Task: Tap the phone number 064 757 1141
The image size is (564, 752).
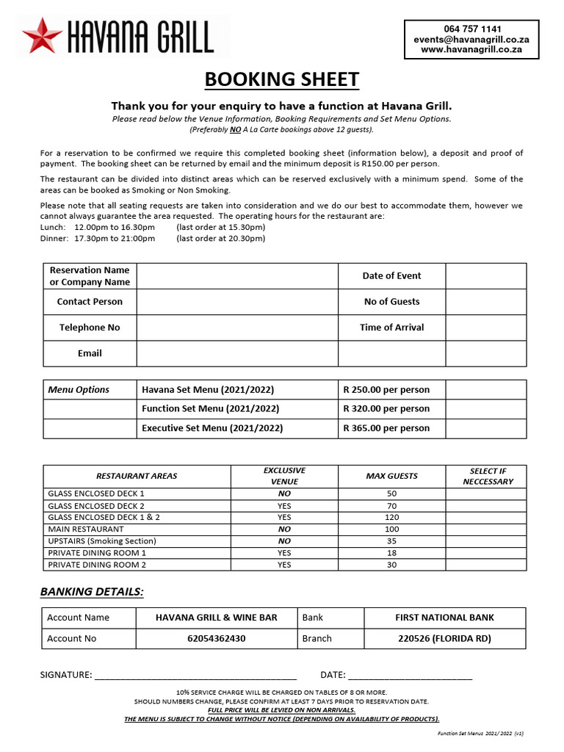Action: (x=472, y=29)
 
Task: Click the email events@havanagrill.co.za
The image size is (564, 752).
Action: (x=471, y=39)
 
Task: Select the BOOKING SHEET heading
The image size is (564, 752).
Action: (x=281, y=79)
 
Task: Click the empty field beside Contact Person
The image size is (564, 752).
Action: (x=237, y=302)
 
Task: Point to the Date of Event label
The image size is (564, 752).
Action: (x=391, y=276)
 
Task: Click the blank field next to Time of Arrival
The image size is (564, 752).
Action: (x=485, y=328)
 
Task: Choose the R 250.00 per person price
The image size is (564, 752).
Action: (x=386, y=390)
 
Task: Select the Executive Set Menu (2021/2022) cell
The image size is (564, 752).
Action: (x=212, y=428)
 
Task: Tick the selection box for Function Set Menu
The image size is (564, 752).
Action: (x=485, y=409)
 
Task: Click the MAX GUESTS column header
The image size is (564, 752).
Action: (x=391, y=476)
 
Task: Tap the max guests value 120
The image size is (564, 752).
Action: (x=391, y=517)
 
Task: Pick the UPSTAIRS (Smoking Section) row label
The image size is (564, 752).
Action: (x=102, y=541)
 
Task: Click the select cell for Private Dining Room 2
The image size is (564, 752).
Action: (x=485, y=565)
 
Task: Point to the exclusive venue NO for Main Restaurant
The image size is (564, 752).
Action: (x=284, y=529)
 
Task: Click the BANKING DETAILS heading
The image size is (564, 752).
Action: (x=92, y=592)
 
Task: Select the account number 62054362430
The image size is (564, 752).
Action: (x=217, y=639)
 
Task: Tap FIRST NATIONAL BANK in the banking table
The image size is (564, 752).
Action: (x=444, y=618)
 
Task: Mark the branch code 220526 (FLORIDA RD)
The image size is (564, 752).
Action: (x=444, y=639)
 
